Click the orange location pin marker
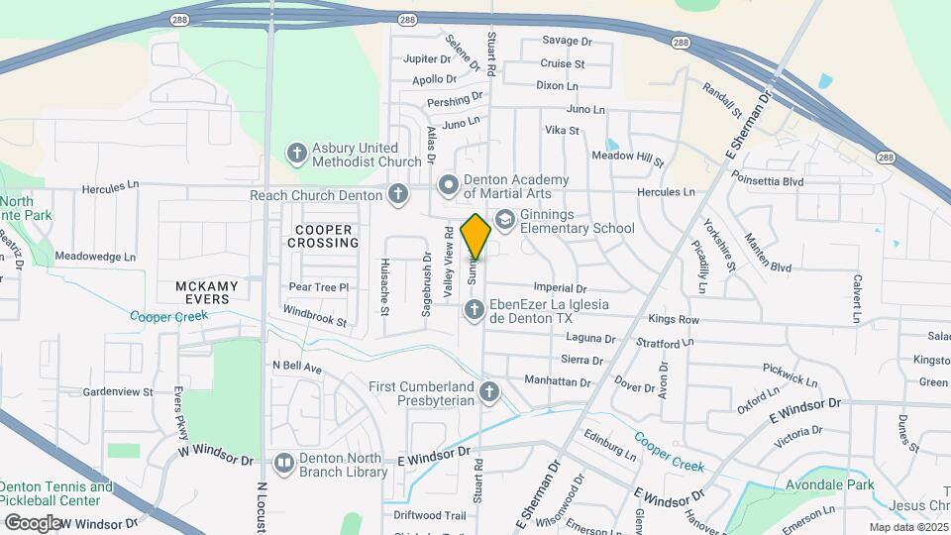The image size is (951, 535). (475, 236)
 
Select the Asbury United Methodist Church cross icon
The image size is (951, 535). (295, 154)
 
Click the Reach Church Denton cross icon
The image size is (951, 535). (398, 194)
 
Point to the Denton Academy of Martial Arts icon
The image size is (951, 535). (449, 184)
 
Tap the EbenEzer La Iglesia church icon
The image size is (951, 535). (474, 311)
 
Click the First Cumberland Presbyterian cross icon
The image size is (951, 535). (488, 393)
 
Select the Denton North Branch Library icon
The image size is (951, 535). (284, 463)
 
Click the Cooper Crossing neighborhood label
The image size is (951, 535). (323, 236)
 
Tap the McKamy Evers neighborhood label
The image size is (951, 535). (207, 292)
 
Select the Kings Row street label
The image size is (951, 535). (674, 320)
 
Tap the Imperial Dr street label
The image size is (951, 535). (561, 288)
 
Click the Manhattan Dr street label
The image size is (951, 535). (557, 380)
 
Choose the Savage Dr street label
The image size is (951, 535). (567, 42)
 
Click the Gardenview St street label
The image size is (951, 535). (118, 391)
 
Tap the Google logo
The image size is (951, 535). (33, 522)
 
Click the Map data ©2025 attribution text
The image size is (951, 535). (907, 527)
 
